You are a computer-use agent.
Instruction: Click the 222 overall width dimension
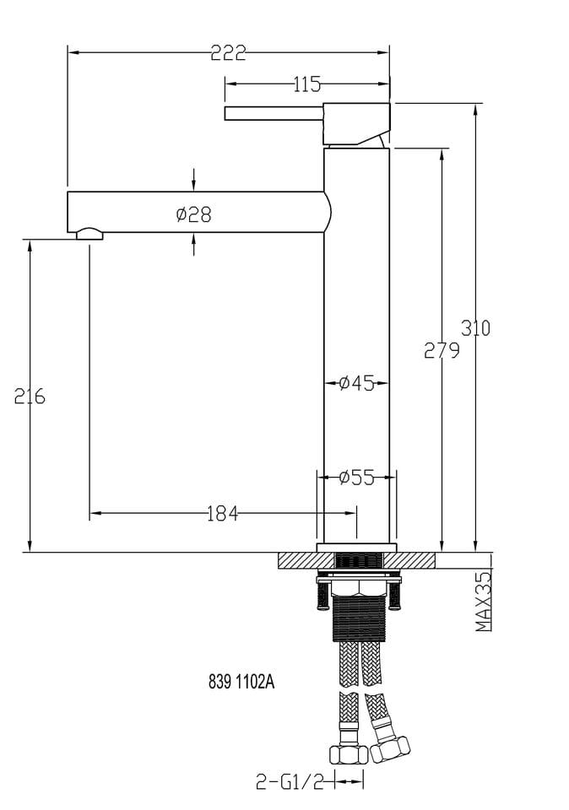[228, 52]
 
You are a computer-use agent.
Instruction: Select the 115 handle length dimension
[307, 84]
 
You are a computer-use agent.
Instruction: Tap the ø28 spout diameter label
[194, 214]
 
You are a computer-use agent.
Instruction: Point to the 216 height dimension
[30, 397]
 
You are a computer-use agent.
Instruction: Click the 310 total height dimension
[475, 328]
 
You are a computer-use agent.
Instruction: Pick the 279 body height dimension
[442, 351]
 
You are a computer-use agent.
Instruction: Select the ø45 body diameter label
[356, 383]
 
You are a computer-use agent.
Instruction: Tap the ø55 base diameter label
[356, 478]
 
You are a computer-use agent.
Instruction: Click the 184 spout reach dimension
[223, 514]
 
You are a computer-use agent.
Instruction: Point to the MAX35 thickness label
[484, 601]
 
